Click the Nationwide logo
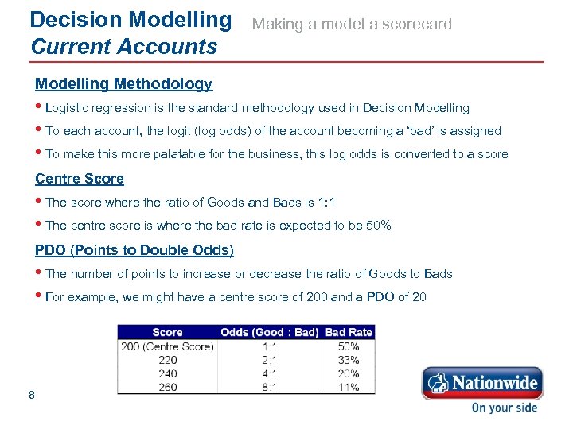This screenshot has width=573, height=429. coord(481,383)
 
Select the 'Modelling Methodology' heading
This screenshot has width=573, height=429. coord(123,83)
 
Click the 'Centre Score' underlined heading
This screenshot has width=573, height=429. coord(80,179)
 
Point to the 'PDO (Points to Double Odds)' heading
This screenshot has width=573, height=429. coord(134,250)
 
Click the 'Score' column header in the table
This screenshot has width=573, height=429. coord(167,332)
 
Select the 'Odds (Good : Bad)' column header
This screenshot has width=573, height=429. coord(270,332)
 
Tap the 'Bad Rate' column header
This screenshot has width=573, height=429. coord(349,332)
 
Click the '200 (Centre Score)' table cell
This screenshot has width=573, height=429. coord(167,346)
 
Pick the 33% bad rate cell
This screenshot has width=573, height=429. coord(349,360)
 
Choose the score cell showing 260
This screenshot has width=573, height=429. coord(167,387)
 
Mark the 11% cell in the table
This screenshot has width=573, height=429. coord(349,387)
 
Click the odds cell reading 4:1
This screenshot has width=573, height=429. coord(270,373)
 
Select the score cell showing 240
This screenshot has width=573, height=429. coord(167,373)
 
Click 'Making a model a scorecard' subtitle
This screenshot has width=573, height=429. coord(352,24)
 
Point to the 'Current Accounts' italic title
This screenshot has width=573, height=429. coord(123,46)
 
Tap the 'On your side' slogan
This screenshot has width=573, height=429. coord(504,408)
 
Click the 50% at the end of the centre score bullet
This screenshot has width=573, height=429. coord(378,225)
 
